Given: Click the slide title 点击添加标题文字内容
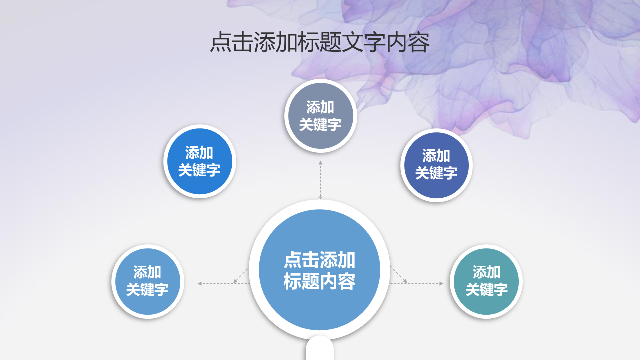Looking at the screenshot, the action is pyautogui.click(x=319, y=42).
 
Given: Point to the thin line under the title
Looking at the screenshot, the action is pyautogui.click(x=320, y=59).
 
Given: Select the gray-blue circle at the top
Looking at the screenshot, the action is pyautogui.click(x=320, y=116).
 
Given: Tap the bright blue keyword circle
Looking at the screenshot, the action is pyautogui.click(x=199, y=161).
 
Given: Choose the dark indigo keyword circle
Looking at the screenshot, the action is pyautogui.click(x=436, y=165).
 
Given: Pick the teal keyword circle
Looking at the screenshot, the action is pyautogui.click(x=486, y=281).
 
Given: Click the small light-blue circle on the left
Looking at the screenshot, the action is pyautogui.click(x=147, y=281).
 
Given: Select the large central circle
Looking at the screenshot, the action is pyautogui.click(x=319, y=270).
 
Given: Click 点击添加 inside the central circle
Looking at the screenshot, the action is pyautogui.click(x=319, y=260).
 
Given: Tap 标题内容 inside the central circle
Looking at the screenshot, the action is pyautogui.click(x=319, y=281).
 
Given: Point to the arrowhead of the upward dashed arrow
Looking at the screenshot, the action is pyautogui.click(x=320, y=163).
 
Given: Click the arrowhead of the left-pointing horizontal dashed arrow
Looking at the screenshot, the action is pyautogui.click(x=199, y=283).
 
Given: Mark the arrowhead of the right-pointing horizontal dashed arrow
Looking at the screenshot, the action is pyautogui.click(x=441, y=283).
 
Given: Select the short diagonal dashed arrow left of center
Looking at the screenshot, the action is pyautogui.click(x=241, y=276).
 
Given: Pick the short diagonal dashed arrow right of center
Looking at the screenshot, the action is pyautogui.click(x=399, y=275).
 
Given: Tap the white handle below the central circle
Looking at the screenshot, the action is pyautogui.click(x=320, y=348).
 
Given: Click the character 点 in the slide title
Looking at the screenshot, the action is pyautogui.click(x=221, y=42).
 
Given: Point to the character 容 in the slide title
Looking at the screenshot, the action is pyautogui.click(x=419, y=42).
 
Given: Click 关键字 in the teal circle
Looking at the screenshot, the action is pyautogui.click(x=487, y=289).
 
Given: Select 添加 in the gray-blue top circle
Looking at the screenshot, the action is pyautogui.click(x=320, y=107).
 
